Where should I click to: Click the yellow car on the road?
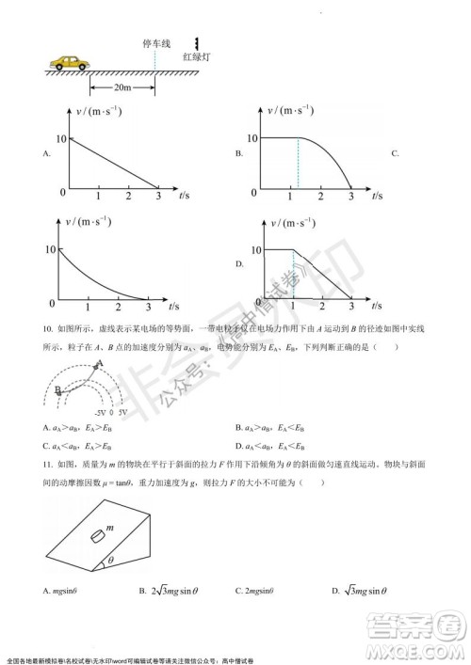click(70, 63)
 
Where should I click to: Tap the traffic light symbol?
click(196, 43)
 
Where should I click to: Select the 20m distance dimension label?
click(121, 87)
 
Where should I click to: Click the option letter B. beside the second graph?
click(240, 152)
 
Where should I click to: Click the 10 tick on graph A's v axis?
click(62, 137)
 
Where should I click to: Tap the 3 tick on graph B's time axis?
click(350, 195)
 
